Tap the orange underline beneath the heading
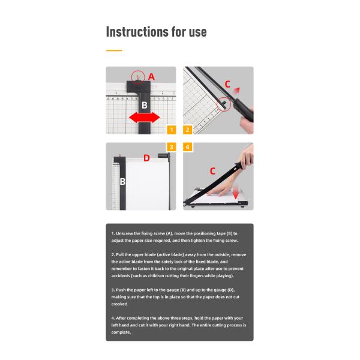click(114, 50)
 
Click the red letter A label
click(151, 77)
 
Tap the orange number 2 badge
click(188, 130)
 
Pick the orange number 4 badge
click(188, 147)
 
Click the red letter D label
click(146, 158)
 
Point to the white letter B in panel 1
click(144, 104)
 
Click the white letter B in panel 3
click(122, 181)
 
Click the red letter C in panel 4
click(212, 171)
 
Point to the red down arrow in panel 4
click(236, 194)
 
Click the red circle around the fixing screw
click(139, 76)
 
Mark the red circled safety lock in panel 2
click(223, 103)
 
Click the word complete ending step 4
click(121, 332)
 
